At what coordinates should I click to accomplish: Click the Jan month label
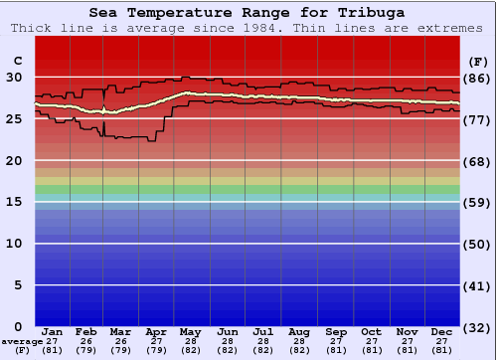53,331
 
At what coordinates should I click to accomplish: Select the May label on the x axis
192,331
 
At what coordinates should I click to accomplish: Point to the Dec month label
442,331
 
